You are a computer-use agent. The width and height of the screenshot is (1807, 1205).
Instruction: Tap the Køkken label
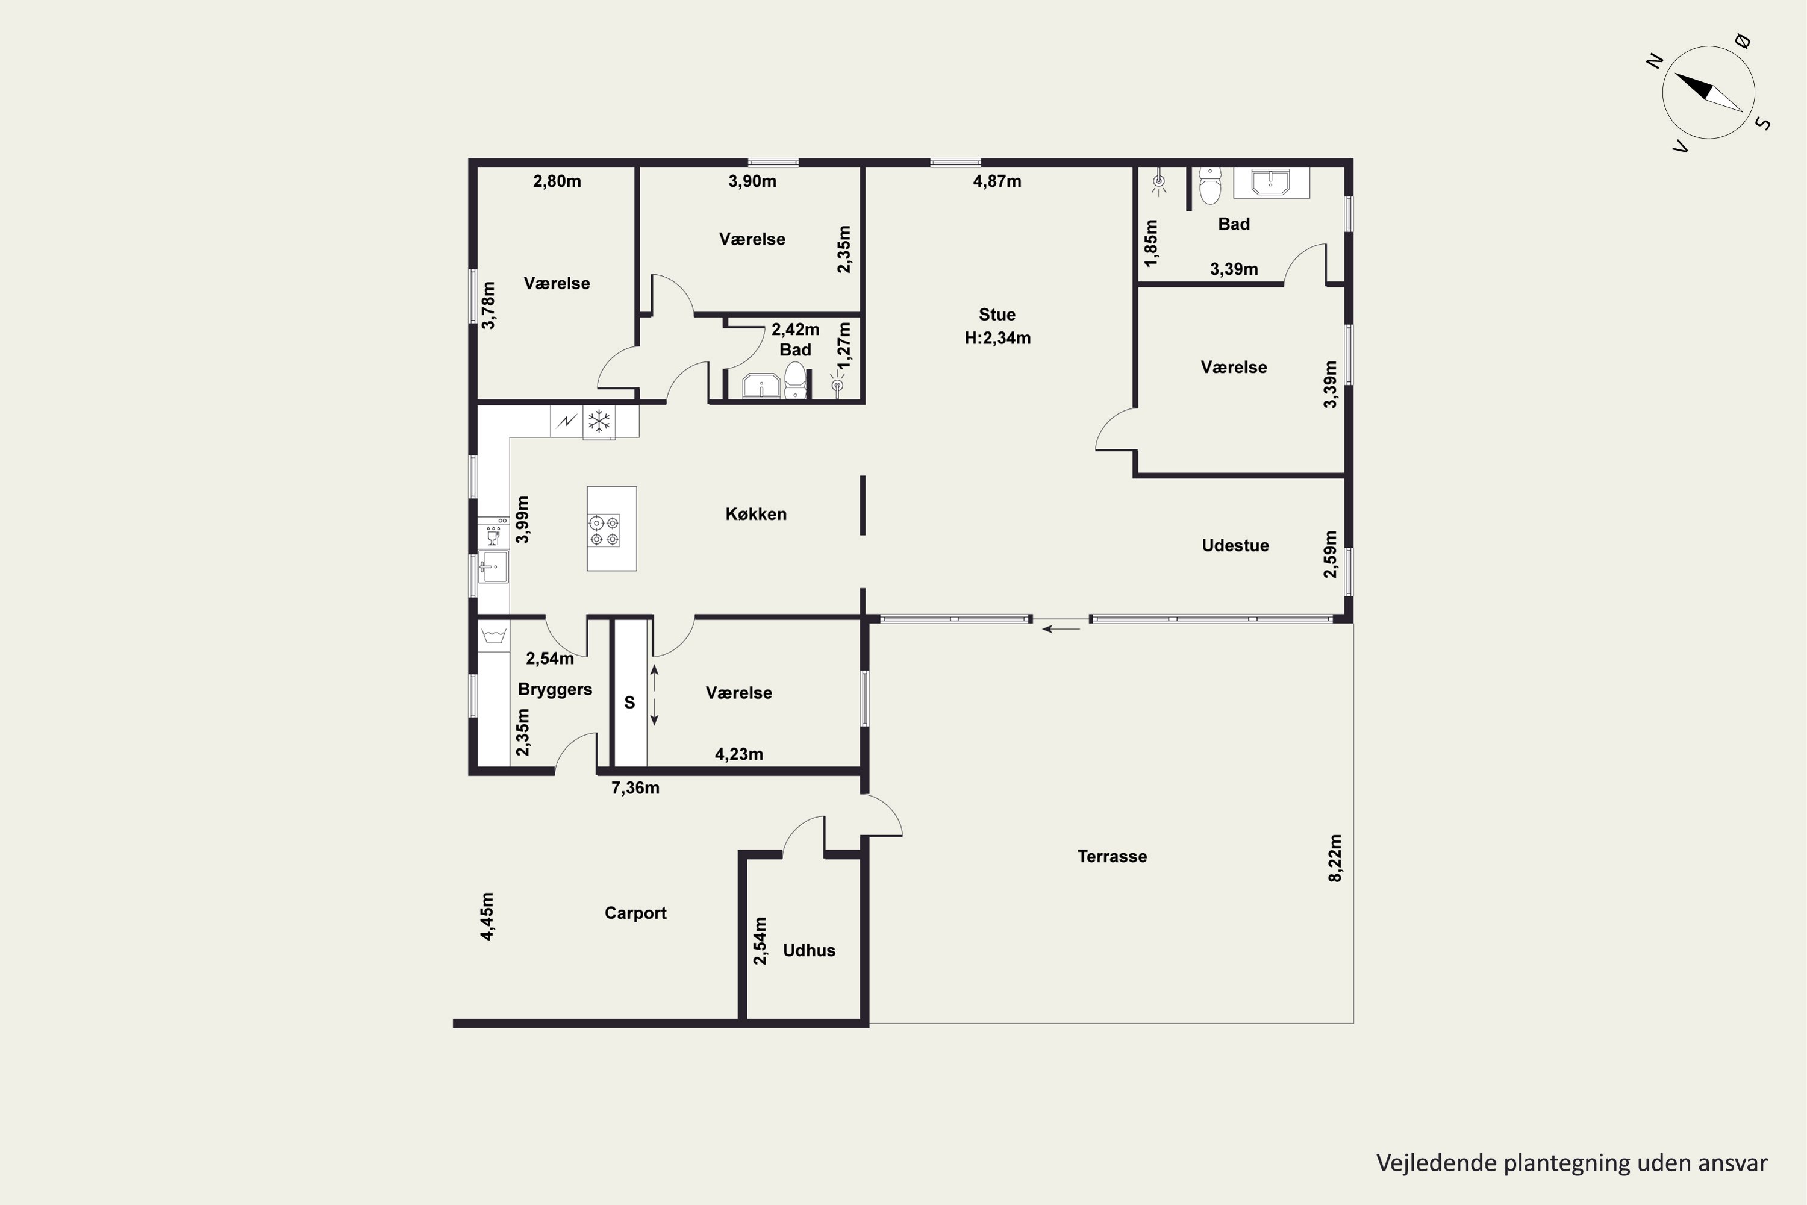756,514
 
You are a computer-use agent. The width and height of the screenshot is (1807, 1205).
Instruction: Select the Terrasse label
1112,856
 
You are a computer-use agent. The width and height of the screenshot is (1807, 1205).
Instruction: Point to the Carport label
635,913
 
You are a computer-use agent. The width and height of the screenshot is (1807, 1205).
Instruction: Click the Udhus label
809,950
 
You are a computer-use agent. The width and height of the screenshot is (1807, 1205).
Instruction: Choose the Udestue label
1235,546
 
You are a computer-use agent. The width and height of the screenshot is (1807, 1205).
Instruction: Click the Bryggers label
555,689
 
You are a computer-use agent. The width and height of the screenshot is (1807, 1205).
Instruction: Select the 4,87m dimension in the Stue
997,181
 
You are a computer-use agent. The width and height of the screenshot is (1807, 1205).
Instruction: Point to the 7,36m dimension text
635,787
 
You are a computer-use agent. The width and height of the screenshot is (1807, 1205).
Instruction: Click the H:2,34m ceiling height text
997,338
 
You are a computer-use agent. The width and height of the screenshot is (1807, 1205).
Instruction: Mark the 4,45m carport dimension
487,916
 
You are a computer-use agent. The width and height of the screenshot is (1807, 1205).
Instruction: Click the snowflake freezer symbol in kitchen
599,421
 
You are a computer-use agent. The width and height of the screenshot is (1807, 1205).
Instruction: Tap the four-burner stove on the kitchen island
604,531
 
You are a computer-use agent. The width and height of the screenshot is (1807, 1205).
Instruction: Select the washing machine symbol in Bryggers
493,636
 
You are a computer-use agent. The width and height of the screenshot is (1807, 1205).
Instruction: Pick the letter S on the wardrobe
629,703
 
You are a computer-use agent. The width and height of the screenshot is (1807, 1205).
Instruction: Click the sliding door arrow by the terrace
1061,628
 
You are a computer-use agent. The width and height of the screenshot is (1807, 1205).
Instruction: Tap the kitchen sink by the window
493,567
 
